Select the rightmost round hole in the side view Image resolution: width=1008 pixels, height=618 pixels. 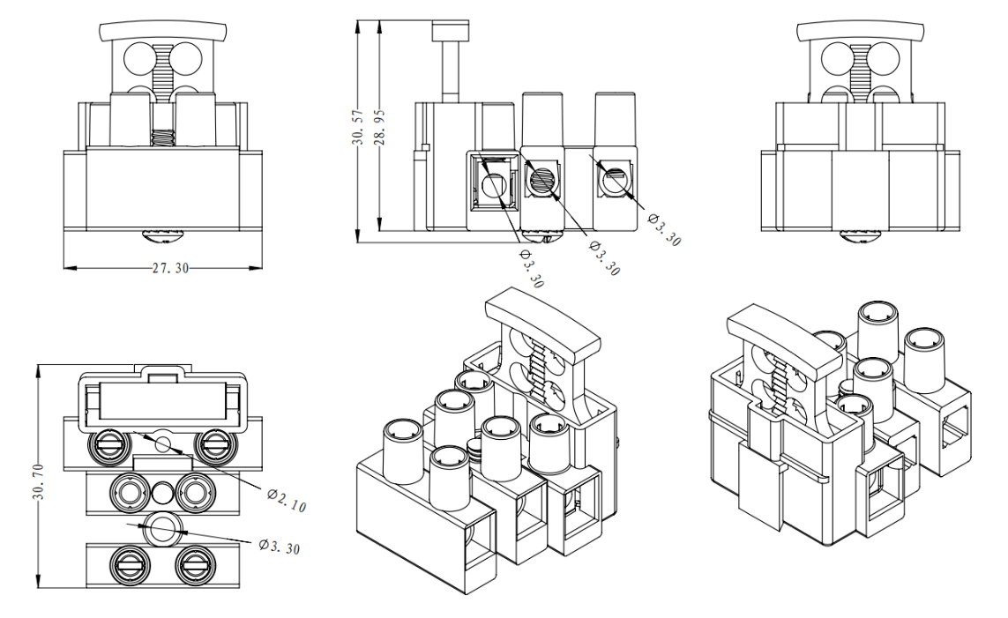pos(613,183)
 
